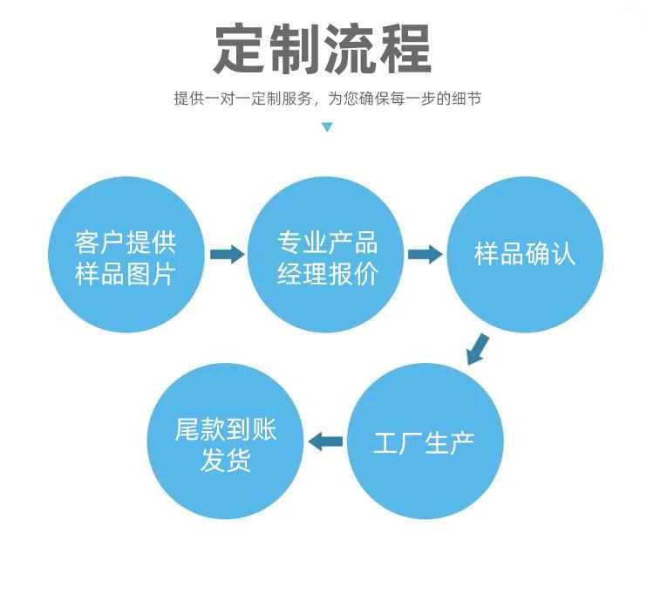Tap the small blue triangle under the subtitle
tap(327, 127)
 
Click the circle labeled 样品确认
tap(525, 254)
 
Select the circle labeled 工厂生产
tap(425, 442)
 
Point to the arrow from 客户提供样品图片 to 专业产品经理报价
tap(227, 255)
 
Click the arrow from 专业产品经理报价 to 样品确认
tap(425, 255)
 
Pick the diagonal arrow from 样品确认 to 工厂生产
tap(477, 346)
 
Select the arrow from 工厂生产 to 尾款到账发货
tap(327, 442)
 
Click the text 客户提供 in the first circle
tap(126, 242)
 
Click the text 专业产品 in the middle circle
tap(327, 242)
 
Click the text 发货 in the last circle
tap(226, 461)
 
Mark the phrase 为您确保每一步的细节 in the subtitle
tap(404, 99)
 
